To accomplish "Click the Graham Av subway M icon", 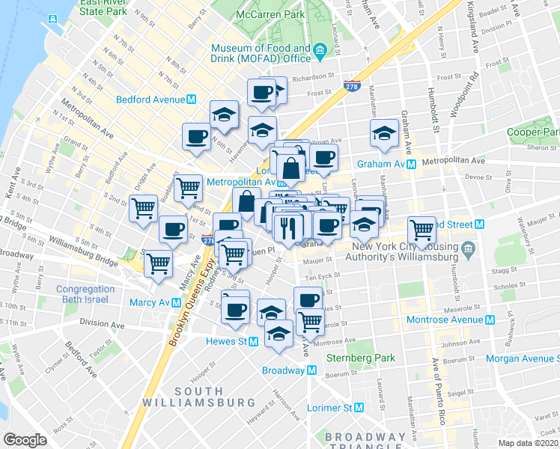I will (411, 165).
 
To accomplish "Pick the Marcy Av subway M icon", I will (176, 303).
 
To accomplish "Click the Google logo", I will (25, 440).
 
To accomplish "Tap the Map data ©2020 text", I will (527, 443).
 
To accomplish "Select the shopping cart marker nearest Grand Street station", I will (422, 230).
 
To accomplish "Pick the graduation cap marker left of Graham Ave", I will (384, 133).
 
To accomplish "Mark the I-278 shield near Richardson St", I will (353, 86).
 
